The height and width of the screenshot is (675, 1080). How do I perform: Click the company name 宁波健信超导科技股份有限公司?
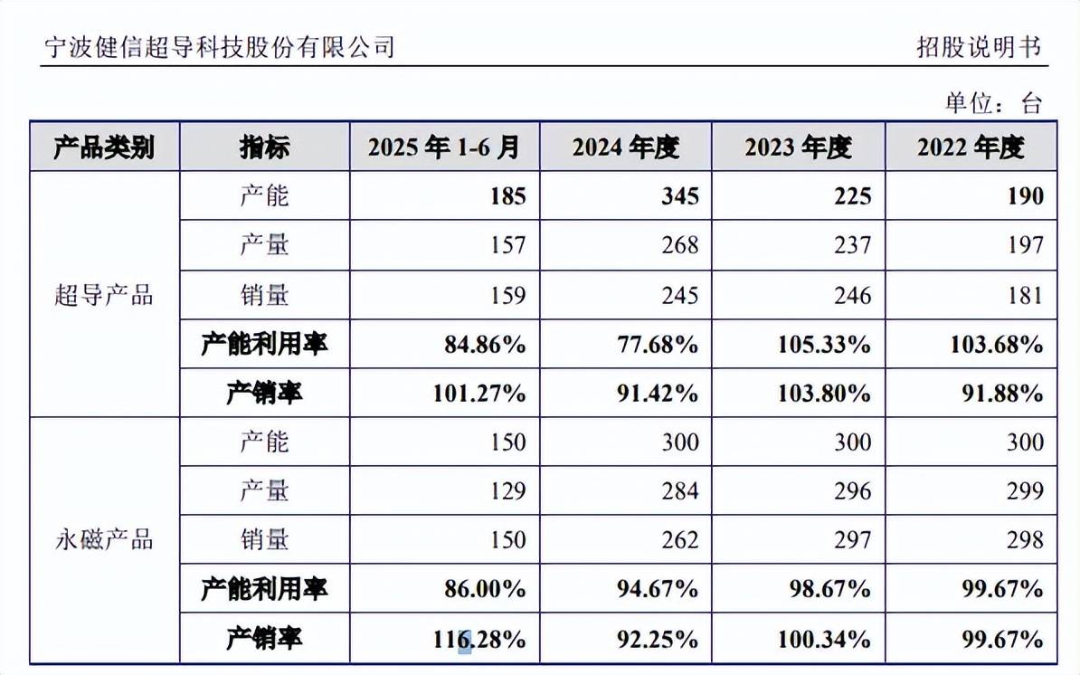click(220, 46)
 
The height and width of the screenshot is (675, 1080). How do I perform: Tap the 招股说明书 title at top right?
click(979, 47)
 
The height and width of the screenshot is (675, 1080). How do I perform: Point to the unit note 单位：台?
click(993, 102)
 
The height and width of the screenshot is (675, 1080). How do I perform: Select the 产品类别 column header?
click(104, 147)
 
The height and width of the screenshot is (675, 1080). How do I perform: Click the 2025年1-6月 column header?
click(444, 147)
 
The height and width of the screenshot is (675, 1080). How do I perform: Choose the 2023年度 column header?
click(798, 147)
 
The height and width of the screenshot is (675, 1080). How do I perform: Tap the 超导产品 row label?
click(104, 295)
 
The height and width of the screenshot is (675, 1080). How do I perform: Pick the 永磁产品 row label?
click(104, 540)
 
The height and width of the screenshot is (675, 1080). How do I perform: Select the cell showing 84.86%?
click(486, 345)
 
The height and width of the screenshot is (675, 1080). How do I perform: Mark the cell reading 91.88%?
click(1002, 394)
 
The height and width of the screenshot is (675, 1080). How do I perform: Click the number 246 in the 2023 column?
click(852, 296)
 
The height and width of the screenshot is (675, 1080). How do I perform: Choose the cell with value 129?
click(506, 491)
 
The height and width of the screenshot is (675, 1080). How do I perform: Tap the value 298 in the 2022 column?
click(1024, 540)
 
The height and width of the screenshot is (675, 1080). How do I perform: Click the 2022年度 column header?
click(971, 147)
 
